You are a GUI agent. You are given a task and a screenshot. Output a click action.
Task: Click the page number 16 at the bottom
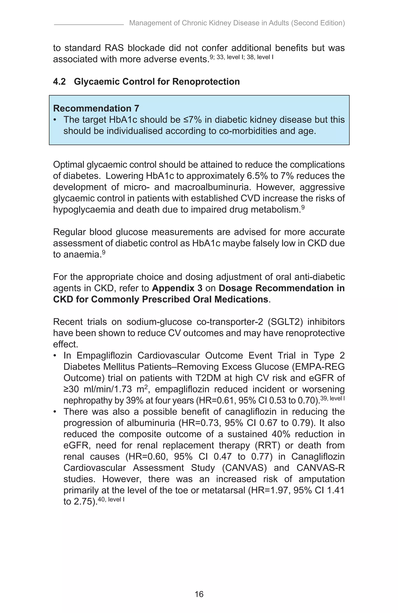click(199, 594)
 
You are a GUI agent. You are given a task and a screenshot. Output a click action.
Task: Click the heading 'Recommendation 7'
click(96, 108)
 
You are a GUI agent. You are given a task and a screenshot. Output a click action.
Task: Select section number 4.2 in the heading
click(59, 82)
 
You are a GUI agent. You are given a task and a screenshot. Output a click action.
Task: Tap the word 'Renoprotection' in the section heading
click(206, 82)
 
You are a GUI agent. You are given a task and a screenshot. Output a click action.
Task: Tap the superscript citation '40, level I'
click(111, 499)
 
